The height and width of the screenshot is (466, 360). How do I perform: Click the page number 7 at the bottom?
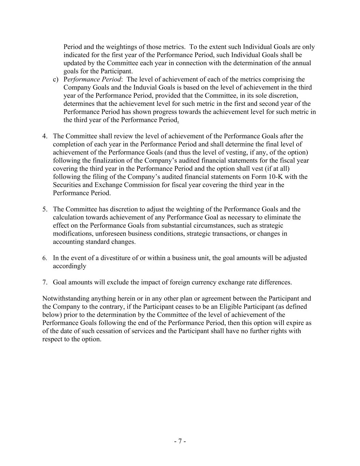point(180,441)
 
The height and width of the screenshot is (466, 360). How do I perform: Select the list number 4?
point(45,136)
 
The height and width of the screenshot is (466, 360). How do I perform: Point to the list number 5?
point(45,209)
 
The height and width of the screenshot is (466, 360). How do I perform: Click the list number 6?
point(45,258)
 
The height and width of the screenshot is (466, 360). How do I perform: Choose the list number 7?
point(45,283)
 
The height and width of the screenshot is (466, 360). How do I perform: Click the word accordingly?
point(69,266)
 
